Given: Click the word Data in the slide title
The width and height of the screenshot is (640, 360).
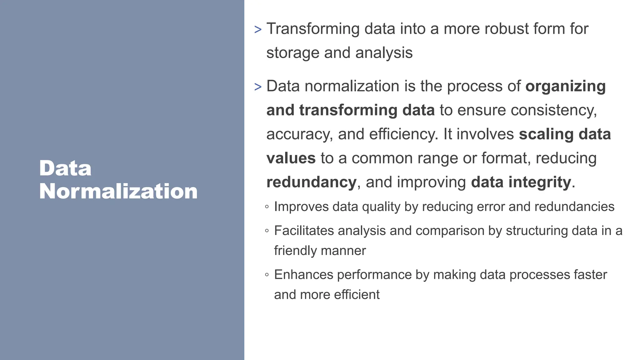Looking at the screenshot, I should coord(65,168).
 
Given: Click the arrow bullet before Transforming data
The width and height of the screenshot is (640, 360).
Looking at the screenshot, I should coord(258,30).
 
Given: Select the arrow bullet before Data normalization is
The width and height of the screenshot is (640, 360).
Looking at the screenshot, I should coord(258,87).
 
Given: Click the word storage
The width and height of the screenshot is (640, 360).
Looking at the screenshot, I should coord(292,53).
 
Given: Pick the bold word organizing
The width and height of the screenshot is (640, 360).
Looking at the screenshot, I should coord(565,87).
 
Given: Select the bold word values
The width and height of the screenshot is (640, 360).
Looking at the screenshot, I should coord(291,158).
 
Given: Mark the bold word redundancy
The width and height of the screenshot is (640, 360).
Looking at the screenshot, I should coord(311,182).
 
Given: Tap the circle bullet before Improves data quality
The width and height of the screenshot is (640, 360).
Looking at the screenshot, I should coord(267,207).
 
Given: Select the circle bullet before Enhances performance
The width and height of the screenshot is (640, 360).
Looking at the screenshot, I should coord(267,275).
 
